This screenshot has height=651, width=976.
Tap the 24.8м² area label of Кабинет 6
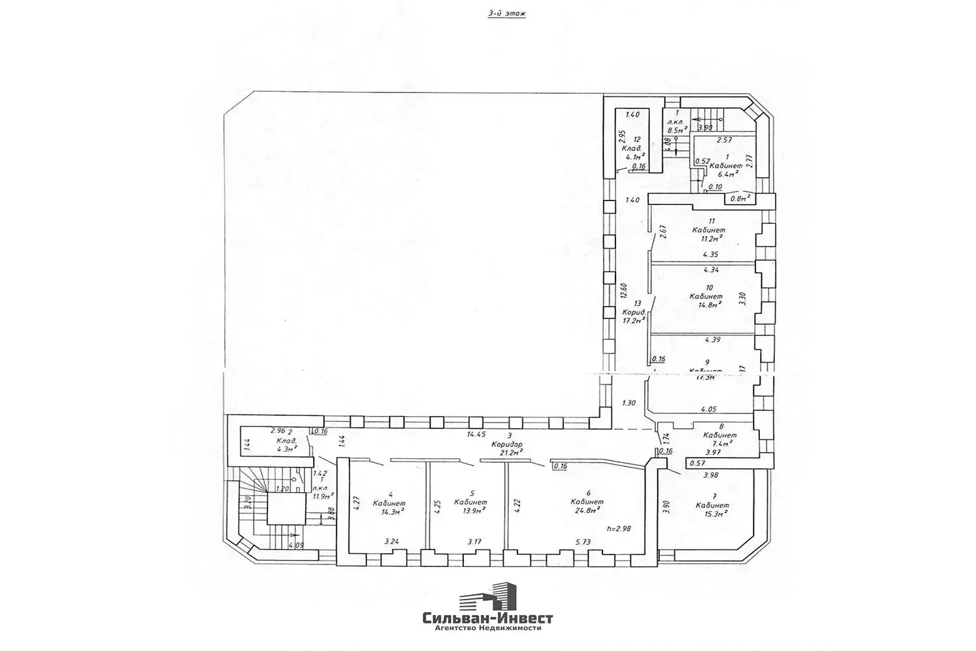coord(587,511)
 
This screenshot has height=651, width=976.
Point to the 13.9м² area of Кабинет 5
coord(471,512)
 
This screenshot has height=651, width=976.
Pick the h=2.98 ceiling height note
coord(618,529)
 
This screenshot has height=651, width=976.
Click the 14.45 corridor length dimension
coord(477,434)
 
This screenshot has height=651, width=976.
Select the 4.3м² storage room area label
coord(284,448)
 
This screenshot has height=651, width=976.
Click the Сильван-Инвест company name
coord(487,618)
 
